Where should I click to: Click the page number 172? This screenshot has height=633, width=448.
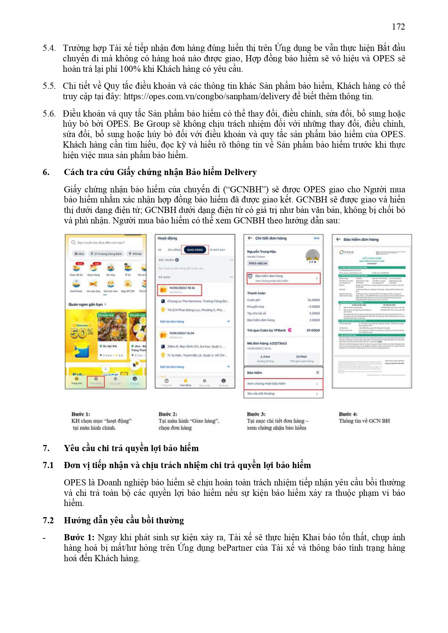tap(398, 27)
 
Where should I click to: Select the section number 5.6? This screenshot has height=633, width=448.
tap(49, 114)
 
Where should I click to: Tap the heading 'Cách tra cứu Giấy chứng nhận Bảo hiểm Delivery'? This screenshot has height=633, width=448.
tap(160, 172)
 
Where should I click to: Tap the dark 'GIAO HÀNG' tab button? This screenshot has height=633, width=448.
tap(195, 250)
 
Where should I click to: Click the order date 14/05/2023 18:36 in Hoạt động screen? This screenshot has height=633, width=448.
tap(182, 288)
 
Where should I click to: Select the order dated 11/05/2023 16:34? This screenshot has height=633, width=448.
tap(182, 333)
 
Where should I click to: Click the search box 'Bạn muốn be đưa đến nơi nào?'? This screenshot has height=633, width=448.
tap(101, 243)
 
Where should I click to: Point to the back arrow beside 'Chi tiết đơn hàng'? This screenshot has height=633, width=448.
tap(250, 238)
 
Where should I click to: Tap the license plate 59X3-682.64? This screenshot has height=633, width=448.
tap(258, 263)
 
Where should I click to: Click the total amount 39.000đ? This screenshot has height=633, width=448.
tap(313, 330)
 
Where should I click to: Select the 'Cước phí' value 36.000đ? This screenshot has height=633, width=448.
tap(313, 300)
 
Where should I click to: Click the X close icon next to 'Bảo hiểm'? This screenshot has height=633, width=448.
tap(317, 372)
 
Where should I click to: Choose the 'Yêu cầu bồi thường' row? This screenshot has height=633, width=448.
tap(283, 394)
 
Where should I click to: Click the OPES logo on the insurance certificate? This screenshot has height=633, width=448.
tap(347, 252)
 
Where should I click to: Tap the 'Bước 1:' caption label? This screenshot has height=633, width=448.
tap(81, 414)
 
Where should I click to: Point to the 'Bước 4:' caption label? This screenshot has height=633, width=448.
tap(348, 414)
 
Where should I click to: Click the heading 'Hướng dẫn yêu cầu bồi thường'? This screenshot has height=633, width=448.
tap(124, 520)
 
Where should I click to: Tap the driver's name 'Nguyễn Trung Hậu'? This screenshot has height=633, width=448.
tap(261, 252)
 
